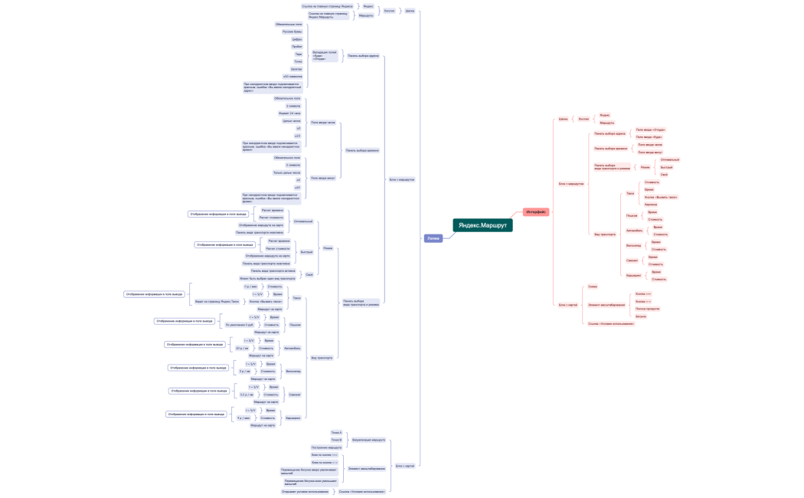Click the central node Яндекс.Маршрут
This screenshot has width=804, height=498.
click(x=482, y=225)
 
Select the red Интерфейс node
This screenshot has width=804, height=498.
click(x=536, y=212)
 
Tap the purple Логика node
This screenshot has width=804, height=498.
click(x=433, y=238)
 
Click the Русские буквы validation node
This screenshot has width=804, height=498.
click(x=293, y=31)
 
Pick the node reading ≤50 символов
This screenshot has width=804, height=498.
click(x=293, y=77)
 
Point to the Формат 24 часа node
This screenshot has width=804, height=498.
click(x=289, y=113)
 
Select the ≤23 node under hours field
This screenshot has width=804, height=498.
click(x=297, y=136)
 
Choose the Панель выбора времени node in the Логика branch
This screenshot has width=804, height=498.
click(x=362, y=150)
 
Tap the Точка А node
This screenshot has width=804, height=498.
click(x=336, y=433)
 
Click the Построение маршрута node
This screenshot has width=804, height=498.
click(x=327, y=447)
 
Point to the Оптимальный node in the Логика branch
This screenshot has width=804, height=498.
click(x=303, y=221)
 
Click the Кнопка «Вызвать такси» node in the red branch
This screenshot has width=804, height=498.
click(x=661, y=197)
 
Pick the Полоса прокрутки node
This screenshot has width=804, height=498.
click(x=647, y=309)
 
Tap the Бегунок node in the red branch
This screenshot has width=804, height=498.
click(x=641, y=316)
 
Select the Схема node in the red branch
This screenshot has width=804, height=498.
click(x=593, y=287)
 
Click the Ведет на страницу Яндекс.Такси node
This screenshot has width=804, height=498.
click(x=217, y=302)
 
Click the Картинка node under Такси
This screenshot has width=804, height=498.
click(x=651, y=205)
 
